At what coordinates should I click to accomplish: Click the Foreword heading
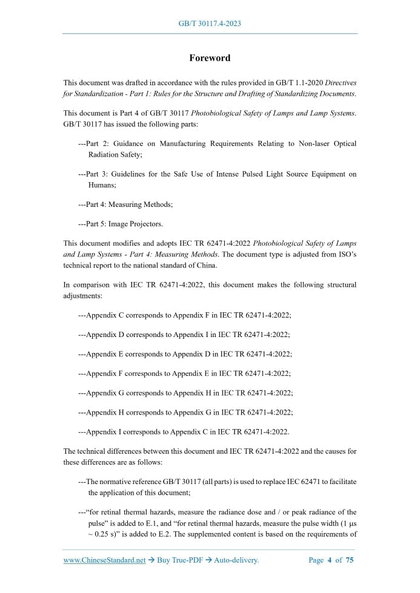(x=210, y=58)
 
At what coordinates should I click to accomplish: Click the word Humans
(x=102, y=185)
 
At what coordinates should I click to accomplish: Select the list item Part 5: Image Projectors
(x=120, y=224)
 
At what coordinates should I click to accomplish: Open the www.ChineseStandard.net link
(x=104, y=560)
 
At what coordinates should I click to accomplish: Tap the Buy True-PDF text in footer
(x=178, y=560)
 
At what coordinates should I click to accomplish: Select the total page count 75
(x=350, y=560)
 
